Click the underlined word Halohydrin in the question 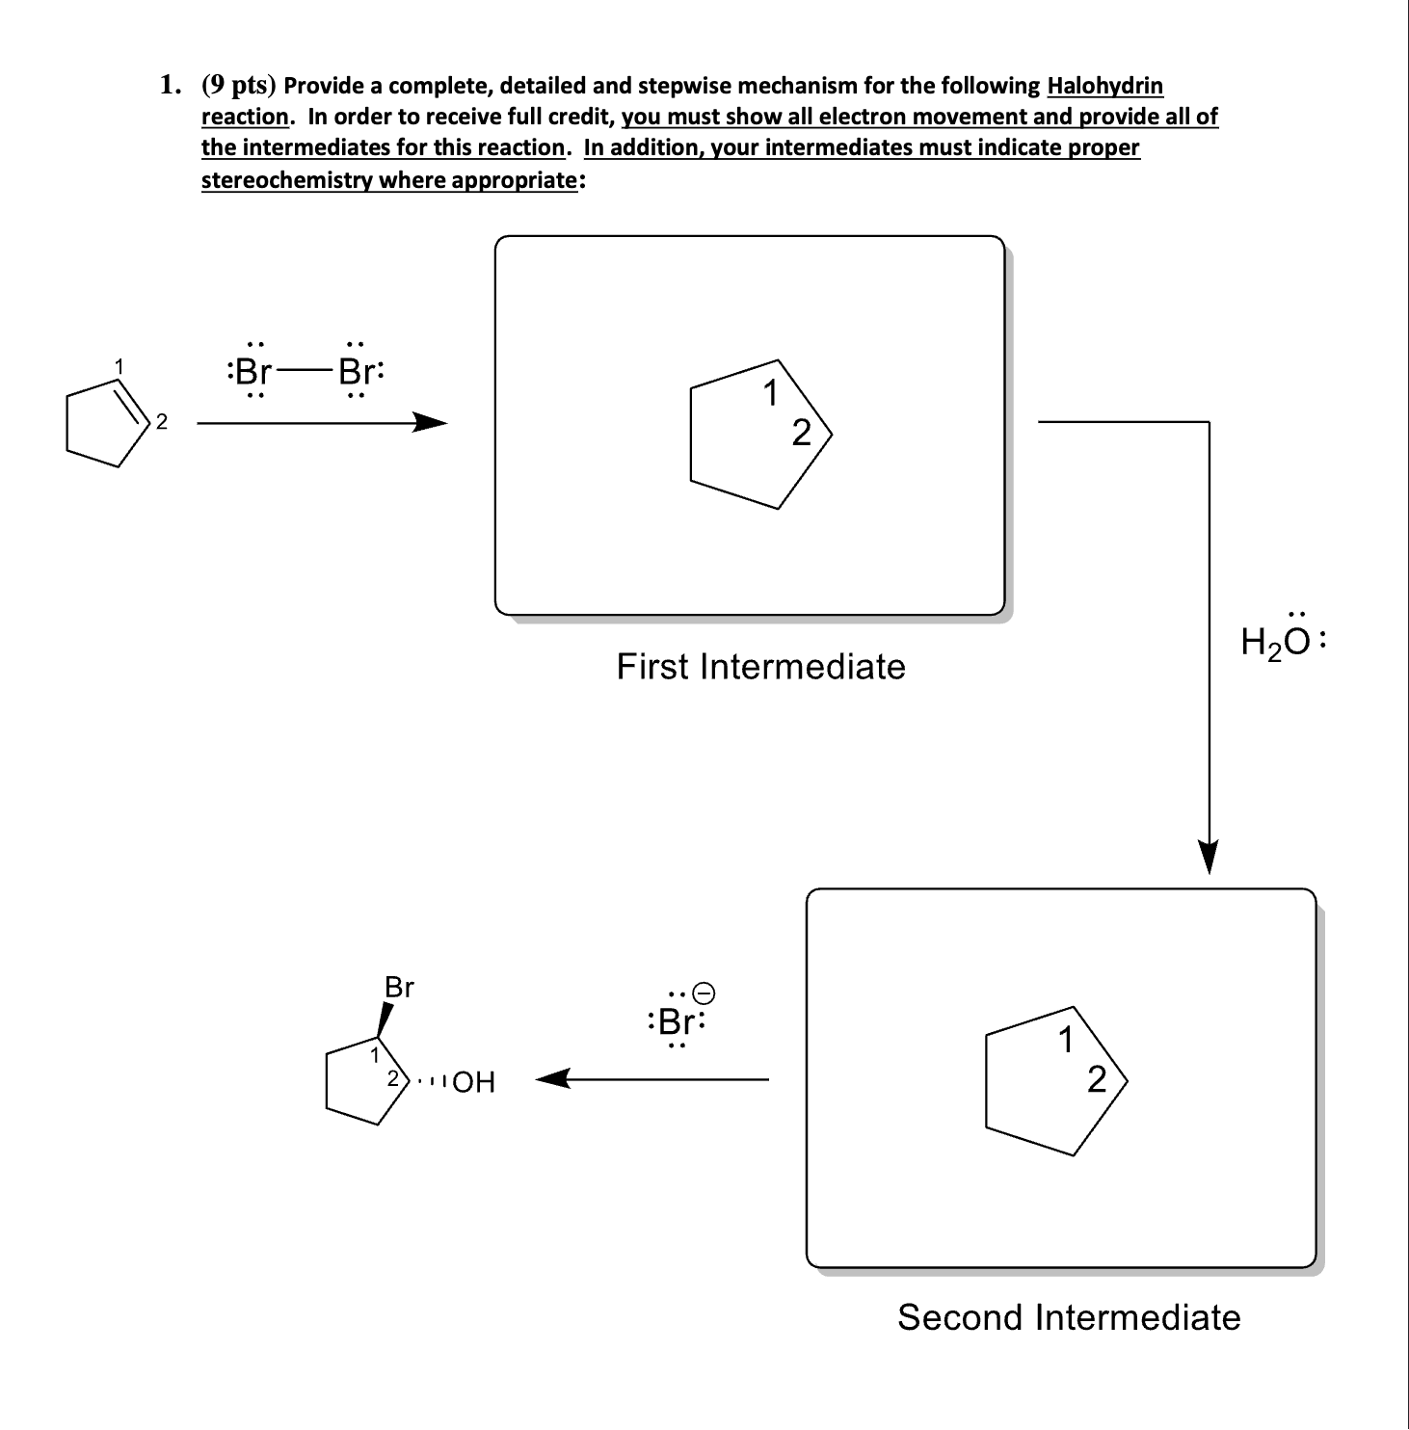1104,86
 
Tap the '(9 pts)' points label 239,86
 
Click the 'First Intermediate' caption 760,667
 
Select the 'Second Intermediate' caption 1069,1317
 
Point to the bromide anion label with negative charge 679,1020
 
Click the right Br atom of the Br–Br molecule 357,371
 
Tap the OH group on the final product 473,1083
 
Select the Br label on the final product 399,988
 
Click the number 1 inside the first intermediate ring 770,394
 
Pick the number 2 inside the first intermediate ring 801,434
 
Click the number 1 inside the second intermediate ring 1065,1042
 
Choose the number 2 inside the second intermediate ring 1097,1080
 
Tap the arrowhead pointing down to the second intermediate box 1209,857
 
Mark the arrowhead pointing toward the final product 551,1079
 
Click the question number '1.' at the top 170,86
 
